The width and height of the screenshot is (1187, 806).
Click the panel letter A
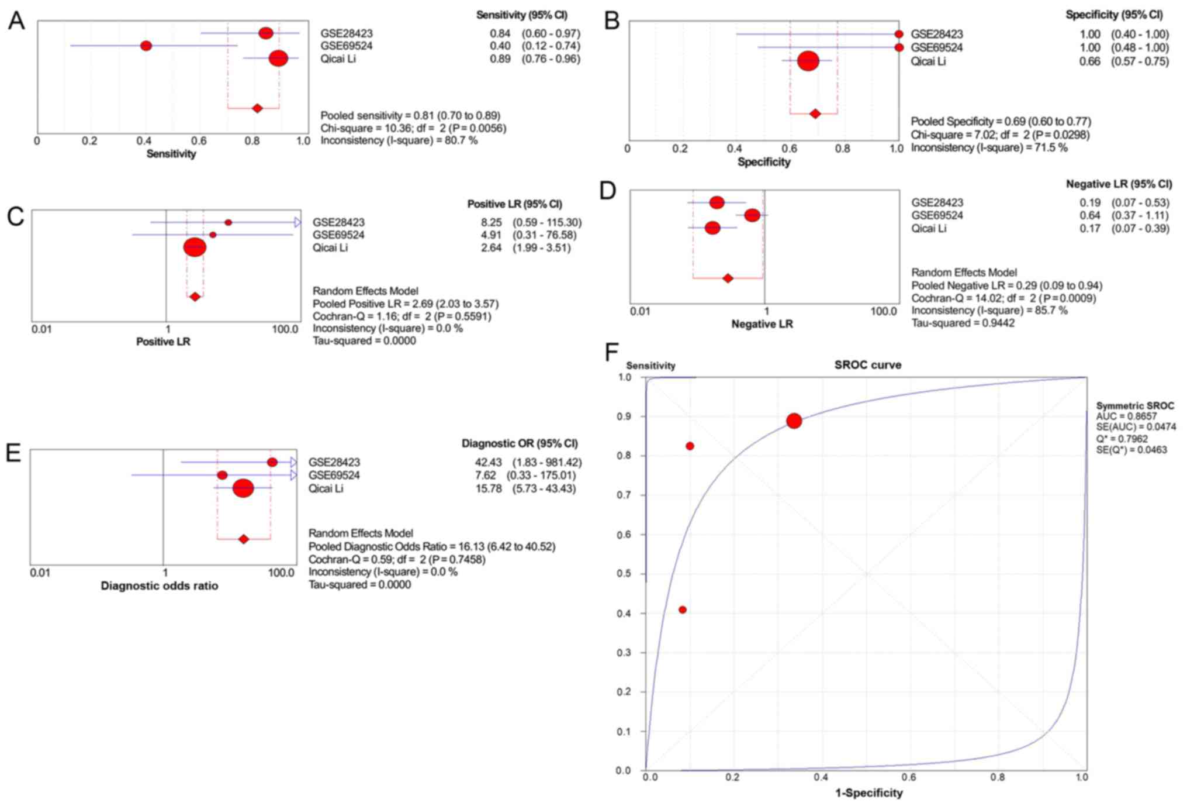[16, 21]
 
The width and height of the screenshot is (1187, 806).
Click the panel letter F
[611, 352]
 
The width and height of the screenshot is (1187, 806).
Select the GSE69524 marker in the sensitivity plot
[146, 46]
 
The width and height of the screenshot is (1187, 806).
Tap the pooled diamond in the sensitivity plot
[257, 108]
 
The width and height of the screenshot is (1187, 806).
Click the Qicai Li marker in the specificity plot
[808, 61]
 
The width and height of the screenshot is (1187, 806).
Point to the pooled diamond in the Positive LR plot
[195, 297]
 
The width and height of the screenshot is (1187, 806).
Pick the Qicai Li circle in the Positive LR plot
[195, 247]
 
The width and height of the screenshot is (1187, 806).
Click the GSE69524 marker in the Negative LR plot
[752, 215]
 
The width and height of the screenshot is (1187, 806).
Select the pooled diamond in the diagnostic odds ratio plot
[244, 539]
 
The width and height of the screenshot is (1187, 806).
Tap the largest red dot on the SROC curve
[794, 421]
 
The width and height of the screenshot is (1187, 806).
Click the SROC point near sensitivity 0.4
[682, 609]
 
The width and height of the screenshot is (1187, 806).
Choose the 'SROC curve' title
[867, 365]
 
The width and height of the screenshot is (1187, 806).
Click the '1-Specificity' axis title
[868, 793]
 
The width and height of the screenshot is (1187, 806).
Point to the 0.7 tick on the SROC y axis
[624, 495]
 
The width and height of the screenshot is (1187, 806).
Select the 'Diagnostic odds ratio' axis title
[160, 585]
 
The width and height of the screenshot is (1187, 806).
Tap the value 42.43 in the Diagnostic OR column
[488, 462]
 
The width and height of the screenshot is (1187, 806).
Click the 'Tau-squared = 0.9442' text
[963, 323]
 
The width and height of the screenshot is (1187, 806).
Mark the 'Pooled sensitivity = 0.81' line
[410, 115]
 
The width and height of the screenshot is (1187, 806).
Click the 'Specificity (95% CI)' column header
[1114, 15]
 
